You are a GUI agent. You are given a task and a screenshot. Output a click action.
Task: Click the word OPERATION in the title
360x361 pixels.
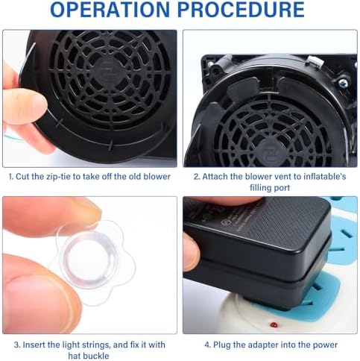[x=110, y=10]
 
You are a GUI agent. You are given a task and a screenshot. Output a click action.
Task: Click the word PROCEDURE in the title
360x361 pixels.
[x=241, y=10]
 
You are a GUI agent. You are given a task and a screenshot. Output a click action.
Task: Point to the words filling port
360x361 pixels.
[x=270, y=187]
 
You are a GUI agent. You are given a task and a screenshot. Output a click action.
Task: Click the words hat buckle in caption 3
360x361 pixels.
[x=89, y=356]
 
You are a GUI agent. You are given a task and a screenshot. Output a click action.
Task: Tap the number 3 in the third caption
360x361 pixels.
[x=17, y=345]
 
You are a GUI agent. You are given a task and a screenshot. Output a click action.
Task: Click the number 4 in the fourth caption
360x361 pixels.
[x=207, y=345]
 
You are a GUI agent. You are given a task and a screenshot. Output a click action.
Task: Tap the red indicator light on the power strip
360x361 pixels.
[x=274, y=324]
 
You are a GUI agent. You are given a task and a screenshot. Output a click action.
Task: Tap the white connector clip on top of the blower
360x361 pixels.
[x=314, y=61]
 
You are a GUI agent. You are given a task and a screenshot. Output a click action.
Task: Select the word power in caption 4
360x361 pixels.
[x=325, y=345]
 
